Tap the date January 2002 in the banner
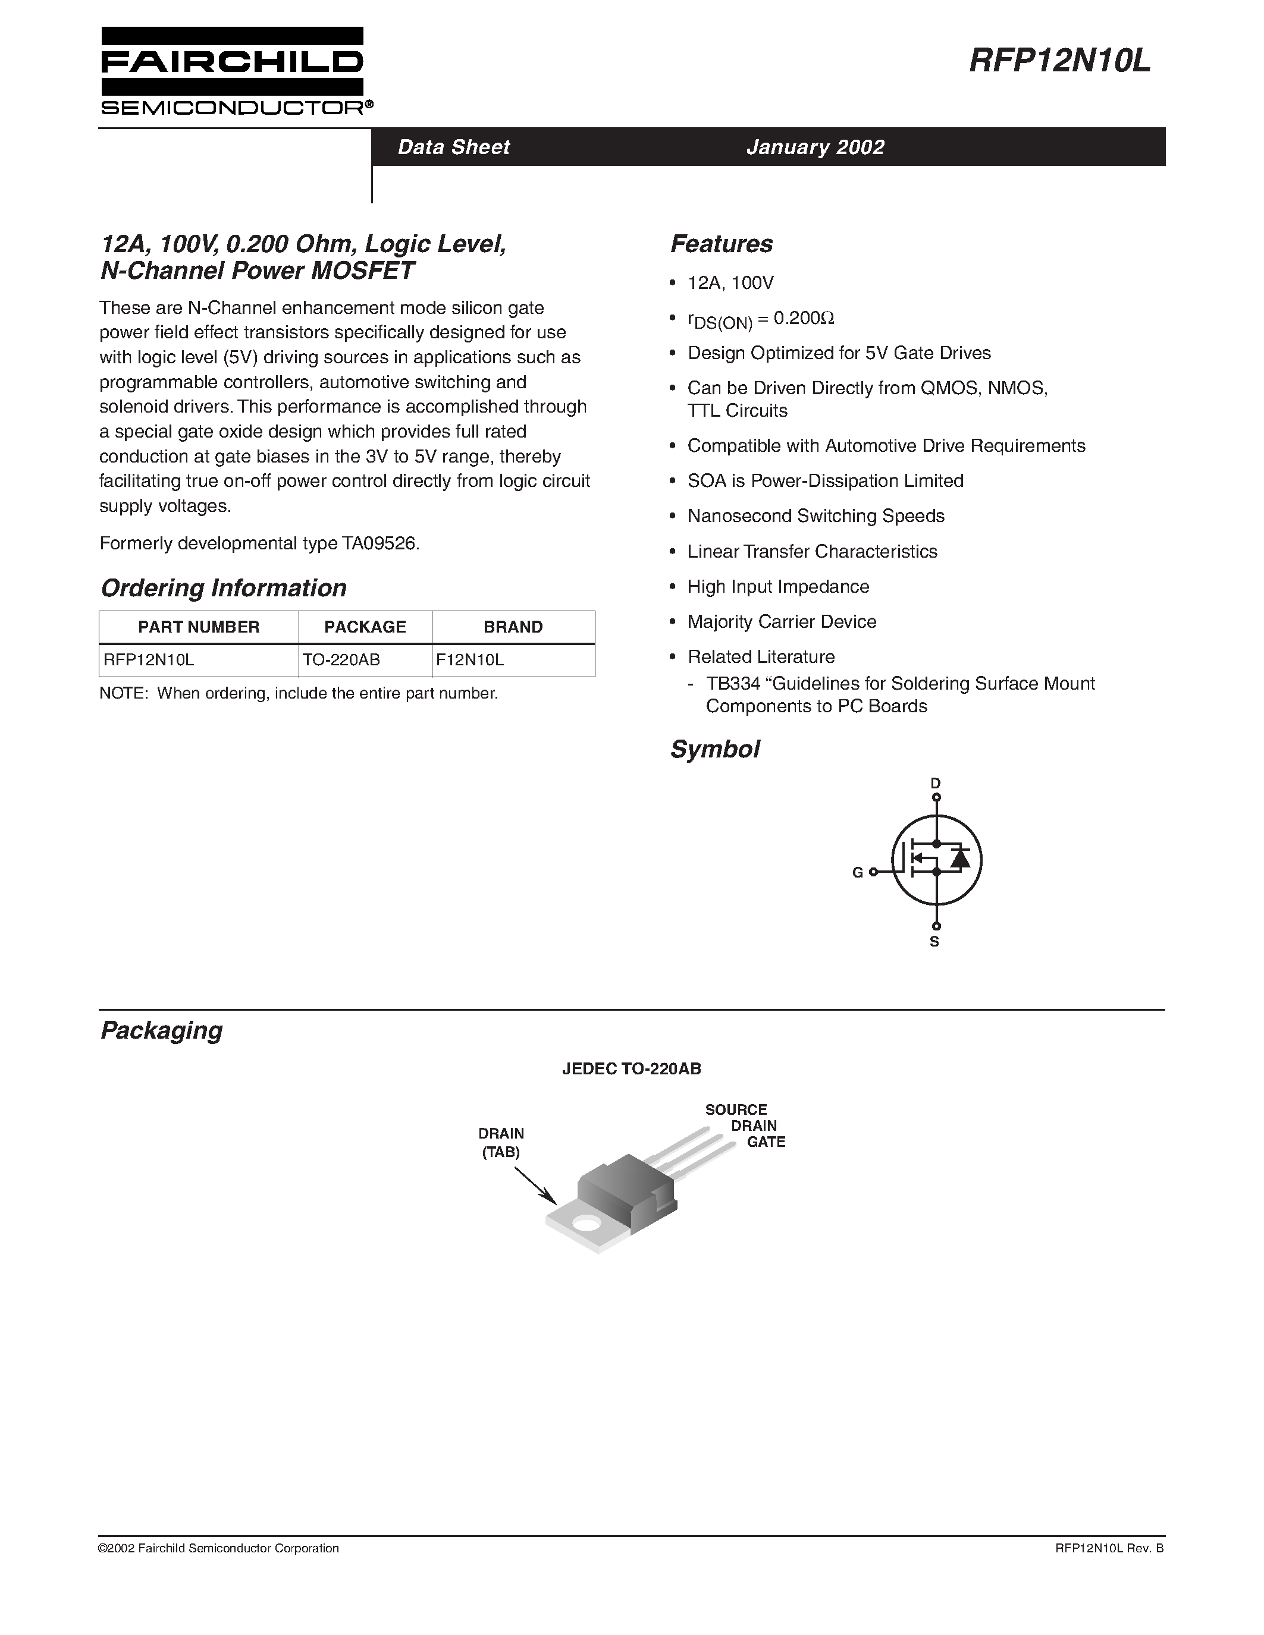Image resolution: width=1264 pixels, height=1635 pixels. [x=815, y=147]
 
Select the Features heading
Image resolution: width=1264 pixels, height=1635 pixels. [x=721, y=244]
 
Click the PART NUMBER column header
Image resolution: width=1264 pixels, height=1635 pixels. [x=199, y=627]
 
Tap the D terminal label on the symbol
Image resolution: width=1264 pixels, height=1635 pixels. [x=935, y=783]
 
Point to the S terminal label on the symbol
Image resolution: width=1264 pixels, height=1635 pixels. [x=934, y=942]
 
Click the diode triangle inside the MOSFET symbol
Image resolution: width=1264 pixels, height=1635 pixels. [x=959, y=859]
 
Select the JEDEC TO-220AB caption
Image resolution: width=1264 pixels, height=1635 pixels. [x=631, y=1069]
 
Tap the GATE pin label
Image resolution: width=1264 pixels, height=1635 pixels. [x=766, y=1142]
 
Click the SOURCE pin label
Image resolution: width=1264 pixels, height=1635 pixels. [x=736, y=1109]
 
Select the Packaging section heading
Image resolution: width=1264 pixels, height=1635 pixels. [x=162, y=1031]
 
